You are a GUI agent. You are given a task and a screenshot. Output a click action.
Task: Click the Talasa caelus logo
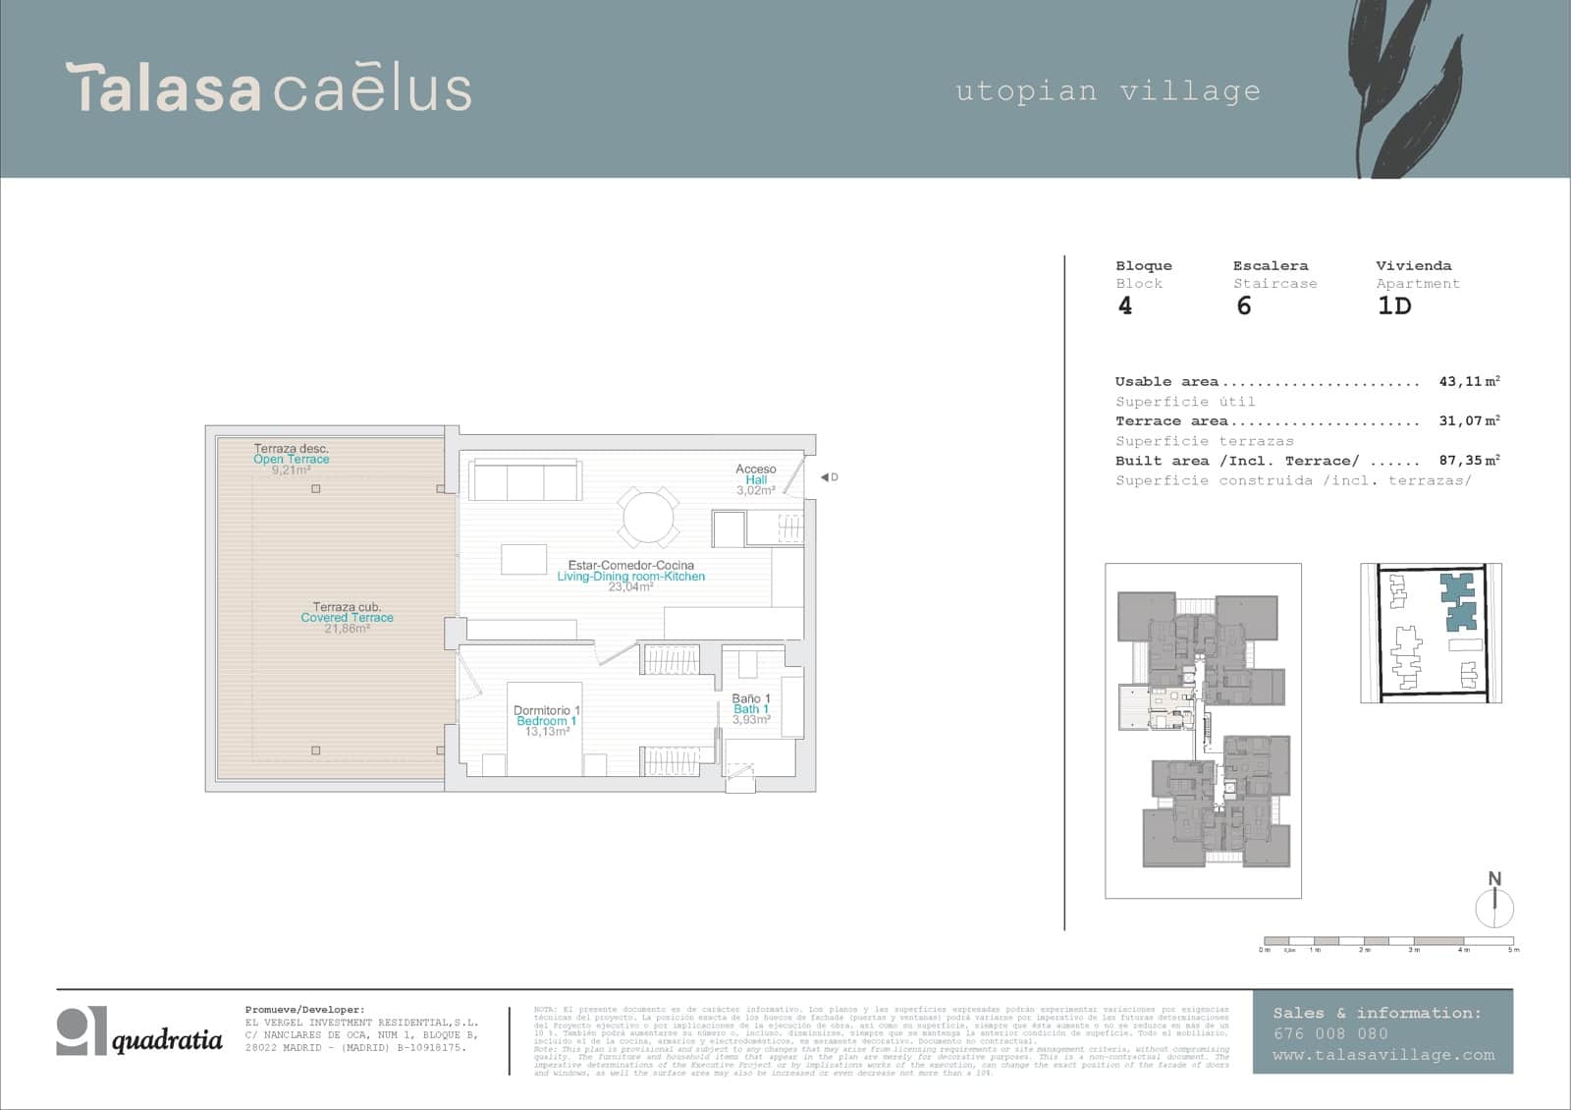[x=268, y=88]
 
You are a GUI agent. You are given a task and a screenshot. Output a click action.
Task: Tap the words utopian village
[x=1108, y=91]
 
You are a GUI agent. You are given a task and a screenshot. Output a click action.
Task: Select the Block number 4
[x=1125, y=306]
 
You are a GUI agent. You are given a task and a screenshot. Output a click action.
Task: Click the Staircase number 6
[x=1244, y=306]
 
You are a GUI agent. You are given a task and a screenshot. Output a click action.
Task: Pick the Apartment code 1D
[x=1394, y=306]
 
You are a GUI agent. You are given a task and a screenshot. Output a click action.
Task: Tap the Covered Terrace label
[x=347, y=618]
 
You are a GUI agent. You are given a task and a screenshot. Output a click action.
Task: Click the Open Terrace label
[x=292, y=459]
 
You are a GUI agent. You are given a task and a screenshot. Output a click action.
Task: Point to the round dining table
[x=648, y=517]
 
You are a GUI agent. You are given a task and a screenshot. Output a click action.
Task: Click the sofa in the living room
[x=524, y=481]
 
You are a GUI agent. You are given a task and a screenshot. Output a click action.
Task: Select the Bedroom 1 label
[x=546, y=721]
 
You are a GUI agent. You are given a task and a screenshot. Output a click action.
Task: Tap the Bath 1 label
[x=751, y=709]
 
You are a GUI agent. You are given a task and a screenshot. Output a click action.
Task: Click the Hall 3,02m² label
[x=755, y=479]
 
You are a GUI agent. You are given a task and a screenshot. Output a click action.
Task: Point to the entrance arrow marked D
[x=828, y=477]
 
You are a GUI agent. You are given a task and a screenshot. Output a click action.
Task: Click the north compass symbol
[x=1494, y=903]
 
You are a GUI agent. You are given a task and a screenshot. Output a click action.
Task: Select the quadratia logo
[x=139, y=1031]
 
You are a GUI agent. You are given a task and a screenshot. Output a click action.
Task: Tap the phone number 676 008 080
[x=1330, y=1033]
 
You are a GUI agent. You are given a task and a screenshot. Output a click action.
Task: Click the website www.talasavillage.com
[x=1382, y=1055]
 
